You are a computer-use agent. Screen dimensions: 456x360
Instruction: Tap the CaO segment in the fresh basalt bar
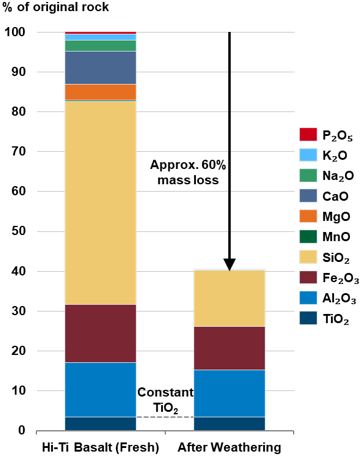(x=100, y=67)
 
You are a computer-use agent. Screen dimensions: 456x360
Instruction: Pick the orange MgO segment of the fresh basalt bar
(x=100, y=92)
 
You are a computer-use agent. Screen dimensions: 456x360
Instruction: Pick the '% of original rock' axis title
(x=60, y=9)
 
